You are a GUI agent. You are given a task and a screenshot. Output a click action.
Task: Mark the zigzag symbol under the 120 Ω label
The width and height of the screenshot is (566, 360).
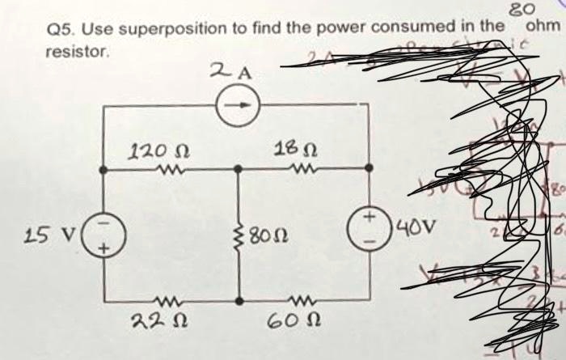[171, 170]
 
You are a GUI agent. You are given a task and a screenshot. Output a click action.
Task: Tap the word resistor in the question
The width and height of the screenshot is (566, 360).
[76, 50]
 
